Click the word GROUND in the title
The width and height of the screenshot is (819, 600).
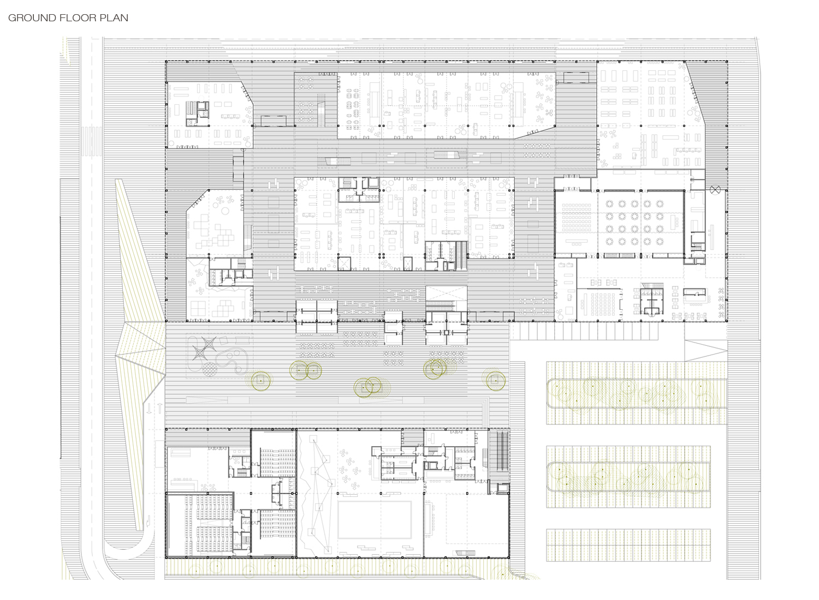point(32,18)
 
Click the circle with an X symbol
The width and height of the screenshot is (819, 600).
point(715,189)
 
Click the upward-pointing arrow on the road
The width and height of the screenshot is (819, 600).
point(160,409)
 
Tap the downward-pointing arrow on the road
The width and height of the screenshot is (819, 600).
point(149,409)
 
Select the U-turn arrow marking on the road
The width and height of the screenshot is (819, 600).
point(148,521)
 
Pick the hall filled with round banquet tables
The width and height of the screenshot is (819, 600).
point(640,223)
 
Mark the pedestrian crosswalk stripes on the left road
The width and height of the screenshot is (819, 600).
point(91,141)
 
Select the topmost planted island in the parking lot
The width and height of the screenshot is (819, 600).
point(637,393)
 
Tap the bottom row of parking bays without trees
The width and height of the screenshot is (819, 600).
point(628,545)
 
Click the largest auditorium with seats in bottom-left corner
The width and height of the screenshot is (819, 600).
point(200,525)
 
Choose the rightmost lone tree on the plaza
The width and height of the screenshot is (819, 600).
point(495,380)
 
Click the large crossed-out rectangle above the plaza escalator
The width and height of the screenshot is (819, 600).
point(447,293)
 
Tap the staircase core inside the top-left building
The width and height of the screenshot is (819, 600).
point(198,113)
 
